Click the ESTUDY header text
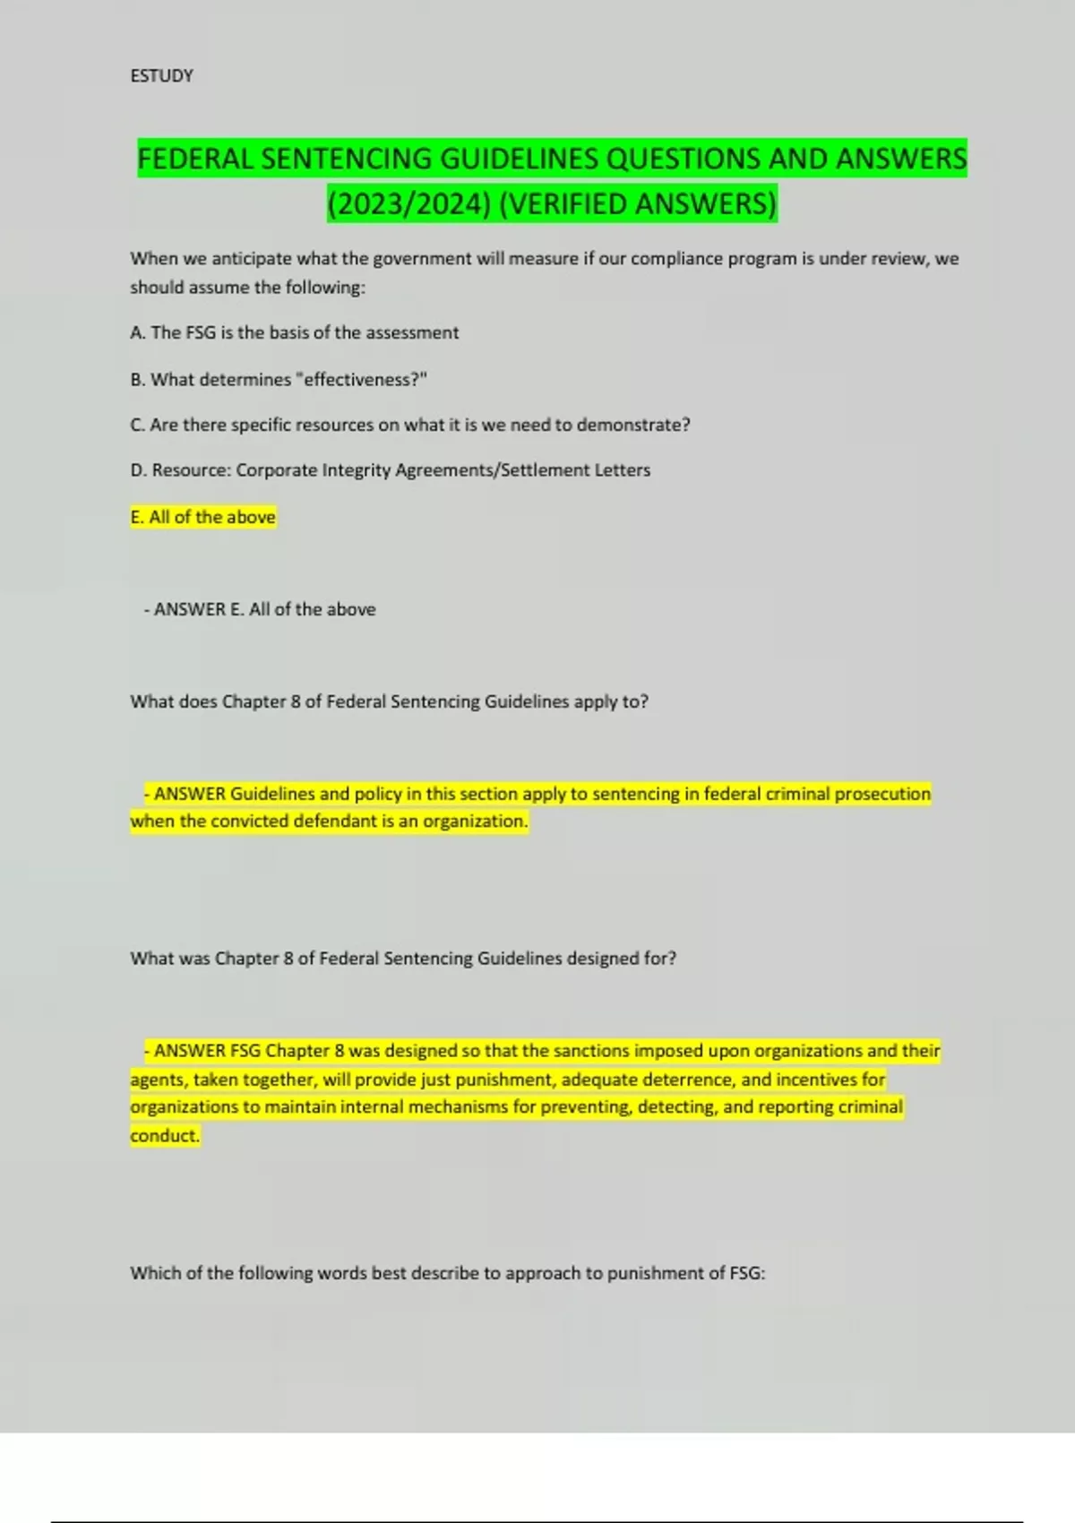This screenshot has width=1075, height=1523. tap(161, 76)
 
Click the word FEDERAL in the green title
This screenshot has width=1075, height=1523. tap(195, 159)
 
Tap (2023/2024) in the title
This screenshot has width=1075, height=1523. tap(408, 204)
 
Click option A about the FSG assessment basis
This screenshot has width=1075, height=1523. tap(294, 333)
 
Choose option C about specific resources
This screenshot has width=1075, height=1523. tap(409, 426)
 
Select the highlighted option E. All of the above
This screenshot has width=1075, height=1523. tap(203, 517)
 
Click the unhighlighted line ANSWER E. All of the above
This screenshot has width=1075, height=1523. tap(260, 609)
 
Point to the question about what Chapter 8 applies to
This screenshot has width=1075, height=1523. tap(389, 701)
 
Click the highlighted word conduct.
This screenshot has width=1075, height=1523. tap(165, 1136)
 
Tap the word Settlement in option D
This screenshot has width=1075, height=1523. tap(540, 470)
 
